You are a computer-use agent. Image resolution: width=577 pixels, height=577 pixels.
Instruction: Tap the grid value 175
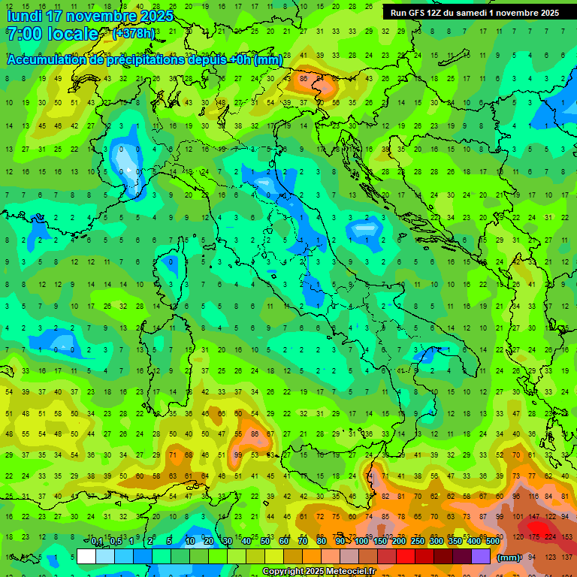click(x=534, y=537)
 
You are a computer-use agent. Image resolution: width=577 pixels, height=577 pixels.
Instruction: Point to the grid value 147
click(x=534, y=518)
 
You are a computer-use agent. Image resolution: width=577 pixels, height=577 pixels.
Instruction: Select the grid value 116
click(x=534, y=497)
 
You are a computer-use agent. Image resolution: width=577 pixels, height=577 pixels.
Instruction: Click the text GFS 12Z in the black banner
click(x=426, y=13)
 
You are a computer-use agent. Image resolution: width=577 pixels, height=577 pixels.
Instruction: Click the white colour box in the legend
click(x=86, y=556)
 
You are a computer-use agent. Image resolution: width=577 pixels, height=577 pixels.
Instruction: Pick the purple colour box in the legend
click(x=481, y=556)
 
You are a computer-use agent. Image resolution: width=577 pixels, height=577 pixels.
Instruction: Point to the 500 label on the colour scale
click(x=493, y=542)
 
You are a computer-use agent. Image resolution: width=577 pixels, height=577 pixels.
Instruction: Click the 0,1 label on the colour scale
click(x=96, y=542)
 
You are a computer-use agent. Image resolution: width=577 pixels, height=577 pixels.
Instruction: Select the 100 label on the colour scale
click(x=361, y=542)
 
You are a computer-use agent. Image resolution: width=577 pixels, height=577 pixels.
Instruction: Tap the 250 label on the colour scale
click(x=417, y=542)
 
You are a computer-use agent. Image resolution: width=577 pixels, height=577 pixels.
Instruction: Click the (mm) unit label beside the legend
click(x=509, y=557)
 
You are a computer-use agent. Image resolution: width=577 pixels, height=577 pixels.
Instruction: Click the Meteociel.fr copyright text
click(x=319, y=572)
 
